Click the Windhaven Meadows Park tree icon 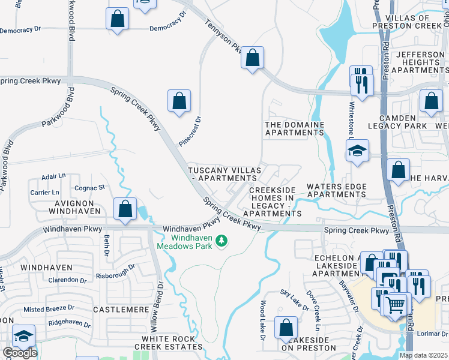point(222,241)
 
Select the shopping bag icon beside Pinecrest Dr point(179,101)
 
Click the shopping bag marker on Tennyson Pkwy point(253,59)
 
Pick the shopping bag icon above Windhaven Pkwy point(125,209)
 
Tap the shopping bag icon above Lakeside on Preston point(286,328)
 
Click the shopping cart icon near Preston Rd point(395,305)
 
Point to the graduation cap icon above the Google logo point(23,336)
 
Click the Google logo point(20,353)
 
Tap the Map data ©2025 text point(423,355)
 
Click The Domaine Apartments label point(295,128)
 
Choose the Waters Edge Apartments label point(336,190)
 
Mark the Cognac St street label point(89,188)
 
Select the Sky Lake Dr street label point(294,301)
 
